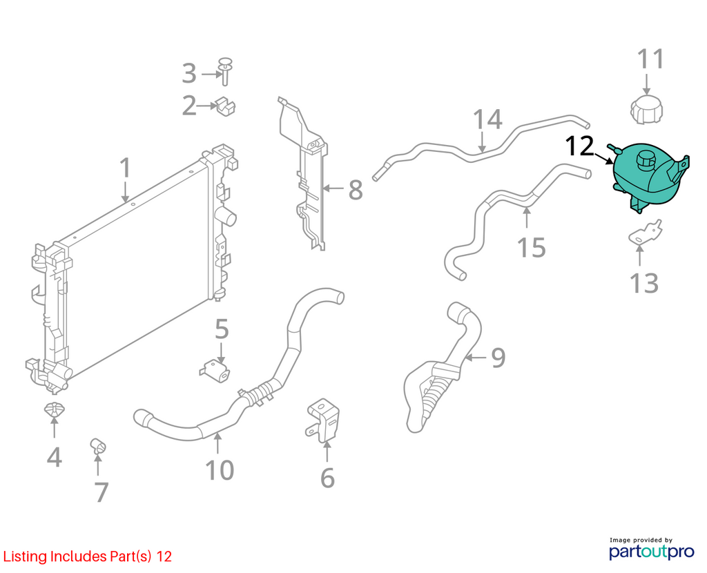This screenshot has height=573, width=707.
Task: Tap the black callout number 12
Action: (579, 146)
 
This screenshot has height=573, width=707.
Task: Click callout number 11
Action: (650, 59)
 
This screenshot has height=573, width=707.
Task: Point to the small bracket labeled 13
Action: (646, 233)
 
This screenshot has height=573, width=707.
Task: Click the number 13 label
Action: (644, 283)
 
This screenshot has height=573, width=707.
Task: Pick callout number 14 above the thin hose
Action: (487, 119)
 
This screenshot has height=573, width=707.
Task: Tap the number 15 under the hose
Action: (532, 248)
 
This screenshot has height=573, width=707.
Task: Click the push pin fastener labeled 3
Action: (224, 71)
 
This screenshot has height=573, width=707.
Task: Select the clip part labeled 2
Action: (226, 106)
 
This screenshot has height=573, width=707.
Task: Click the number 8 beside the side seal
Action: (356, 190)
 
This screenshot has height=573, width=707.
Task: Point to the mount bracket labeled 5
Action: (215, 371)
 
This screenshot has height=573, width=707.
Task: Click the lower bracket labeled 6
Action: (324, 419)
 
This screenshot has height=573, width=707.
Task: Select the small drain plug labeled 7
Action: (98, 446)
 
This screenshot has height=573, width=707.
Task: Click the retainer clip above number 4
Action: (54, 410)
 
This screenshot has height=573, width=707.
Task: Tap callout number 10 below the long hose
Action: (220, 470)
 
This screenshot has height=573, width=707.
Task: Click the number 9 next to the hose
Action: (498, 358)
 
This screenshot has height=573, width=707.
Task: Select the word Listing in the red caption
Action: (26, 556)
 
